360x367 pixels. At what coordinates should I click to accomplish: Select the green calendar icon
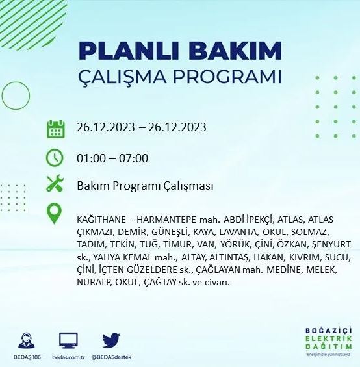coord(56,128)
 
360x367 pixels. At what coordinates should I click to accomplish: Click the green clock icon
coord(56,158)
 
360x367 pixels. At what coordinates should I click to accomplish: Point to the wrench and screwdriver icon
coord(56,185)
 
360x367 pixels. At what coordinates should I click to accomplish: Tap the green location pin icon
coord(56,214)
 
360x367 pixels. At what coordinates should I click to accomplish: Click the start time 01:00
coord(90,158)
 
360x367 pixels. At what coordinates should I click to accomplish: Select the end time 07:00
coord(134,158)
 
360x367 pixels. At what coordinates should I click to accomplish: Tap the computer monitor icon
coord(68,340)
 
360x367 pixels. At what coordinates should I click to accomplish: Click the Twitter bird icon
coord(111,340)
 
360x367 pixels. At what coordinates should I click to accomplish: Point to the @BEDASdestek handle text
coord(111,357)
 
